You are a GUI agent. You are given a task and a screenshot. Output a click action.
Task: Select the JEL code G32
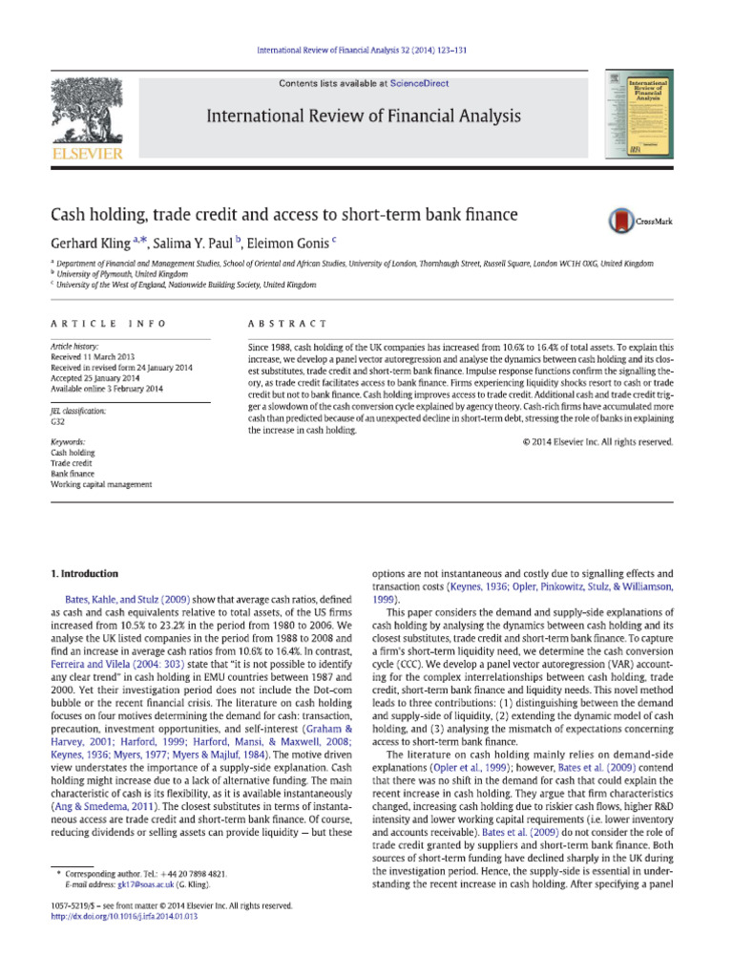(x=58, y=420)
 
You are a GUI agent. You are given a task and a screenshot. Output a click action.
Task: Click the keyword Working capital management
(x=100, y=484)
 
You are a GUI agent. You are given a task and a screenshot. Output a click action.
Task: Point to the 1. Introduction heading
(x=84, y=574)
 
